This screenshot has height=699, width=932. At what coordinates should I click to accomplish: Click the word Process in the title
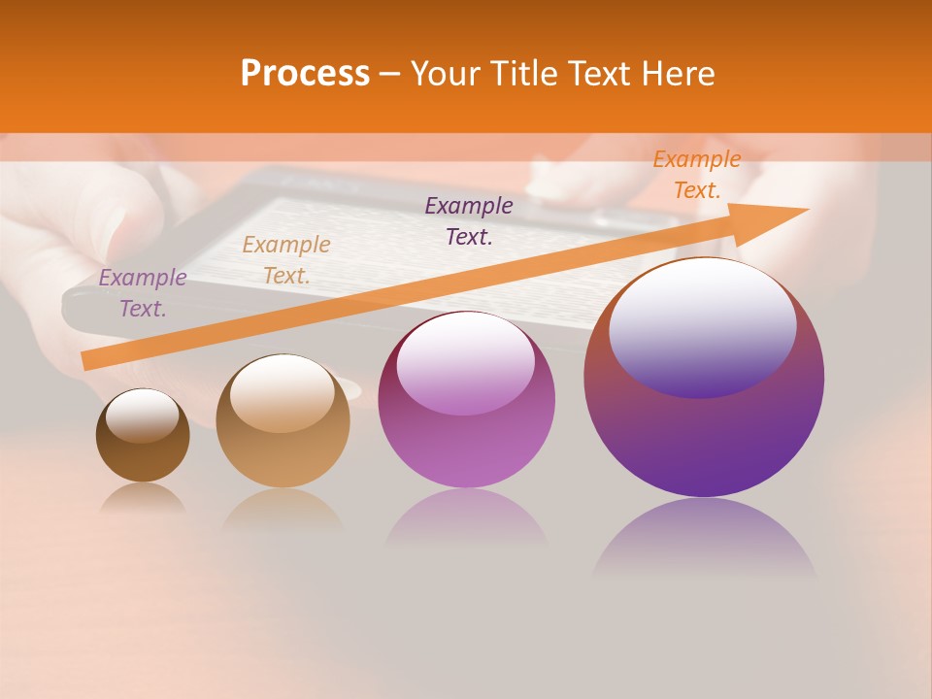(305, 73)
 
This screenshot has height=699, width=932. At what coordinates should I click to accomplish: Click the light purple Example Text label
(143, 293)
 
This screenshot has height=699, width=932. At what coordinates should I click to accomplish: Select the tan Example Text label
(286, 260)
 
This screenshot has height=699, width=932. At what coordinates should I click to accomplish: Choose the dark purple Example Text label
(469, 220)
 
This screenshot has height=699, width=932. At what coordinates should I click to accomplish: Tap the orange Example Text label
(697, 175)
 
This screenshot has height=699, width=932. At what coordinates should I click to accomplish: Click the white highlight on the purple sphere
(702, 325)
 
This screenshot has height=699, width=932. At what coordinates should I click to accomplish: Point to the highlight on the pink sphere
(465, 364)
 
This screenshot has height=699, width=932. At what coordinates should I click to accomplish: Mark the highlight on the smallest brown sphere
(142, 415)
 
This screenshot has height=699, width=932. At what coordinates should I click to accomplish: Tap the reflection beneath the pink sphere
(466, 519)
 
